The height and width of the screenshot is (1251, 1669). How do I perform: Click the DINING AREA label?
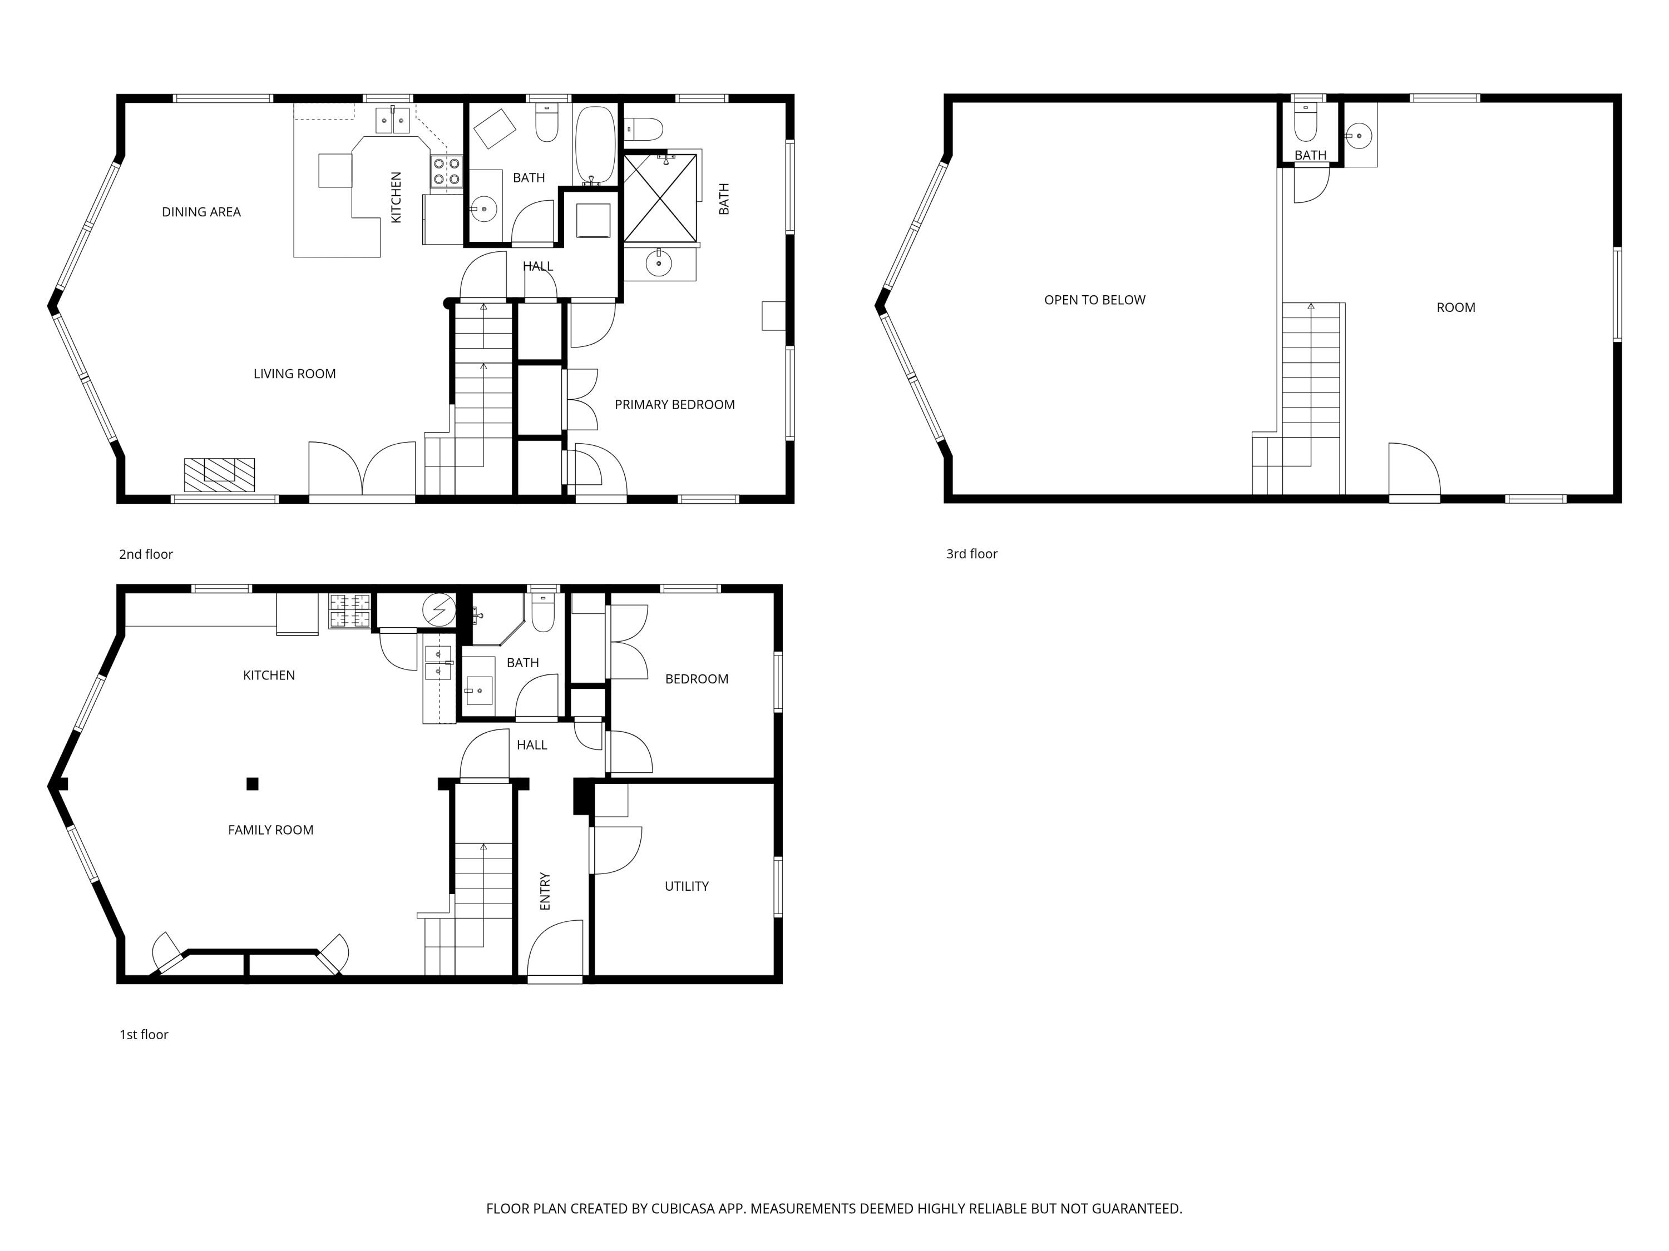click(201, 212)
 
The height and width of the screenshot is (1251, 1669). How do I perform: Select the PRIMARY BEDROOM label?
click(674, 404)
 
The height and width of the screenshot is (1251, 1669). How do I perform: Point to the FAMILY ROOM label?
click(270, 830)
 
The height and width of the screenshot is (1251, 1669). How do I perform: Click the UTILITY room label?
click(686, 886)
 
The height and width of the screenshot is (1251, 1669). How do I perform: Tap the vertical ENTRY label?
click(545, 891)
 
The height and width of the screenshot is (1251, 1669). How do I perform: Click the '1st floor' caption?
click(144, 1035)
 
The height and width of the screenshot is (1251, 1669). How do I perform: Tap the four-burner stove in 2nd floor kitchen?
click(446, 171)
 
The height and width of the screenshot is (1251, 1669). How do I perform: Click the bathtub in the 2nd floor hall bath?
click(595, 143)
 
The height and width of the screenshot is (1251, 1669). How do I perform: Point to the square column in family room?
click(252, 784)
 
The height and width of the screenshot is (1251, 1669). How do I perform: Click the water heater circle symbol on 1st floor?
click(438, 609)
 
